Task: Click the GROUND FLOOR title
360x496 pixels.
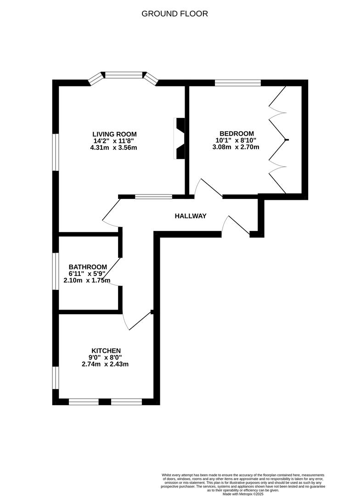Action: click(x=174, y=14)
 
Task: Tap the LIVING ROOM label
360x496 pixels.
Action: click(x=114, y=134)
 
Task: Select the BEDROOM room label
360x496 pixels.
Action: click(x=237, y=134)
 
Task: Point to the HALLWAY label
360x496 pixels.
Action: click(x=191, y=216)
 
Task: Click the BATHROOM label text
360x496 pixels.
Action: click(x=88, y=267)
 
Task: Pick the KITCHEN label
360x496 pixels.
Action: click(x=106, y=350)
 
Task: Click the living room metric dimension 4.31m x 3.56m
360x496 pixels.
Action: click(x=114, y=148)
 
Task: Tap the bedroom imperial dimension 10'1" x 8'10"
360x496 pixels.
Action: click(x=237, y=141)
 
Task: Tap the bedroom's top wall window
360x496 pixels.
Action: click(x=238, y=83)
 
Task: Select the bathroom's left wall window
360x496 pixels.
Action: click(x=55, y=271)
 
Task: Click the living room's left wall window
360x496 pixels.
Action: click(x=55, y=152)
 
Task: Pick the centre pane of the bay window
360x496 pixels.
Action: click(x=124, y=73)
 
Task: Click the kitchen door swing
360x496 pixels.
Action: click(x=138, y=321)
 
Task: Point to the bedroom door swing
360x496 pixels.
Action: click(x=207, y=186)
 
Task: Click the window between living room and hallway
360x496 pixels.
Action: click(x=153, y=197)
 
